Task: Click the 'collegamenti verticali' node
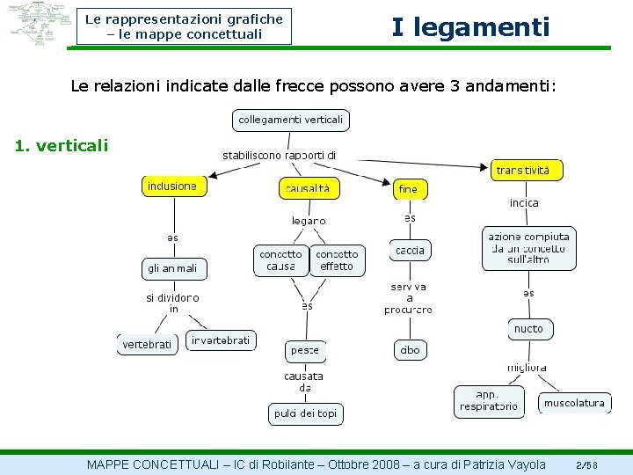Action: tap(291, 120)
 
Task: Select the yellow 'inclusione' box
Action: tap(172, 186)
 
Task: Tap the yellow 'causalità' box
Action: tap(307, 188)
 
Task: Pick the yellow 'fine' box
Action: tap(409, 189)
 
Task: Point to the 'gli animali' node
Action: tap(172, 268)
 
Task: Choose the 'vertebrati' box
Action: tap(148, 345)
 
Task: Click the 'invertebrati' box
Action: tap(221, 340)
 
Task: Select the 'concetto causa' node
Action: tap(280, 260)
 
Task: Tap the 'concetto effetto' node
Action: tap(337, 260)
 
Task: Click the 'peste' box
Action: tap(305, 350)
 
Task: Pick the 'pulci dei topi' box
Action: tap(305, 413)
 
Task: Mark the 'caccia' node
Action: tap(410, 251)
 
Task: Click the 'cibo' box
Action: tap(410, 350)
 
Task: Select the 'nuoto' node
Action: tap(529, 329)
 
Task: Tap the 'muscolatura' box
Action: tap(574, 404)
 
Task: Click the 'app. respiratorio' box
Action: tap(488, 401)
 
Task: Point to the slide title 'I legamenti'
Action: tap(470, 27)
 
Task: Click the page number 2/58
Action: tap(586, 464)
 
